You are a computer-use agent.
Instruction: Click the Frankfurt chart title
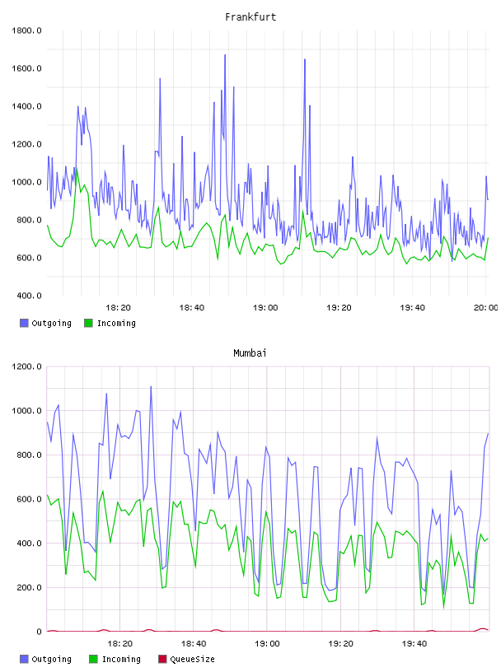pyautogui.click(x=250, y=17)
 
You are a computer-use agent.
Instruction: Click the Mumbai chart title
pyautogui.click(x=250, y=353)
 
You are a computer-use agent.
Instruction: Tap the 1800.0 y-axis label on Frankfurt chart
pyautogui.click(x=26, y=30)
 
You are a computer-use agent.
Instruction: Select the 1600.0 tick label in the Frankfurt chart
pyautogui.click(x=26, y=68)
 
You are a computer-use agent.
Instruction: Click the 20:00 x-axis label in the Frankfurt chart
pyautogui.click(x=486, y=307)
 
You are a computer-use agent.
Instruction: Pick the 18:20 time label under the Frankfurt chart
pyautogui.click(x=118, y=307)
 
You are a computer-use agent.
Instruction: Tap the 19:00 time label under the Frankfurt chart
pyautogui.click(x=265, y=307)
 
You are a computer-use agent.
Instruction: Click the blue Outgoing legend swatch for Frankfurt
pyautogui.click(x=24, y=323)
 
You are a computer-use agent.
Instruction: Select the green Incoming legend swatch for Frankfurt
pyautogui.click(x=88, y=323)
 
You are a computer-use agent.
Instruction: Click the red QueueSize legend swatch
pyautogui.click(x=162, y=659)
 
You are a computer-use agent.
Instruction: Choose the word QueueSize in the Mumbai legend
pyautogui.click(x=192, y=659)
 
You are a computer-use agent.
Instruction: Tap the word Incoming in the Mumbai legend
pyautogui.click(x=121, y=659)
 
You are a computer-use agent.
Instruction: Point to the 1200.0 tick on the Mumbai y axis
pyautogui.click(x=26, y=366)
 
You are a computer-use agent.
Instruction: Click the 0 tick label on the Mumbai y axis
pyautogui.click(x=39, y=632)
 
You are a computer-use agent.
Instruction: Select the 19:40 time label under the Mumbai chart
pyautogui.click(x=414, y=643)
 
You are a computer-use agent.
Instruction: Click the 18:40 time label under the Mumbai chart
pyautogui.click(x=194, y=643)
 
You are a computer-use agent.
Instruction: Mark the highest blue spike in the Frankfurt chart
pyautogui.click(x=225, y=55)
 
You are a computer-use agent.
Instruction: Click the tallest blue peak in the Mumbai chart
pyautogui.click(x=151, y=386)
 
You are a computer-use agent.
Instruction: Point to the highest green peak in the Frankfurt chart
pyautogui.click(x=77, y=168)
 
